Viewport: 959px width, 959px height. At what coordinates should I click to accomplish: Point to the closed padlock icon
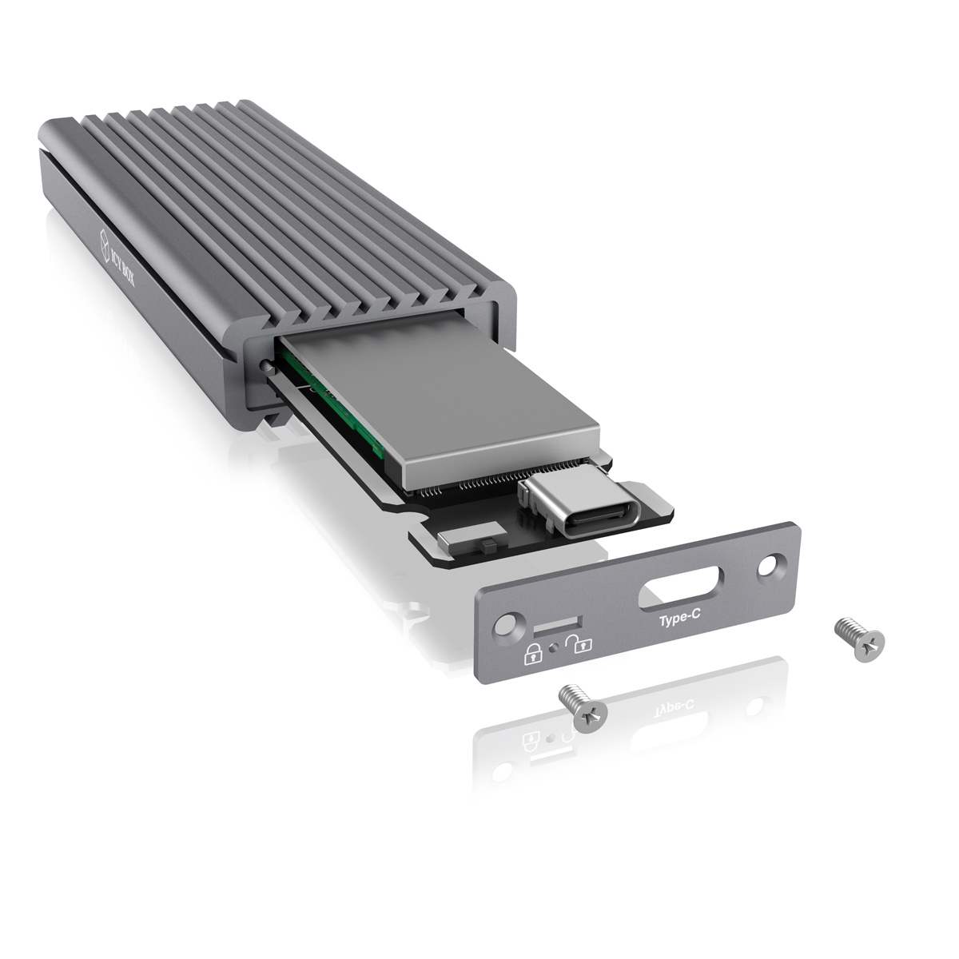532,654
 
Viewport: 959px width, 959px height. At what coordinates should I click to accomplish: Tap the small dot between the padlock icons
554,648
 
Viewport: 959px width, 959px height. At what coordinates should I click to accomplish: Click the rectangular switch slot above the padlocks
557,627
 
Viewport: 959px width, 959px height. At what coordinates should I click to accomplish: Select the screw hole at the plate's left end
507,625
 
